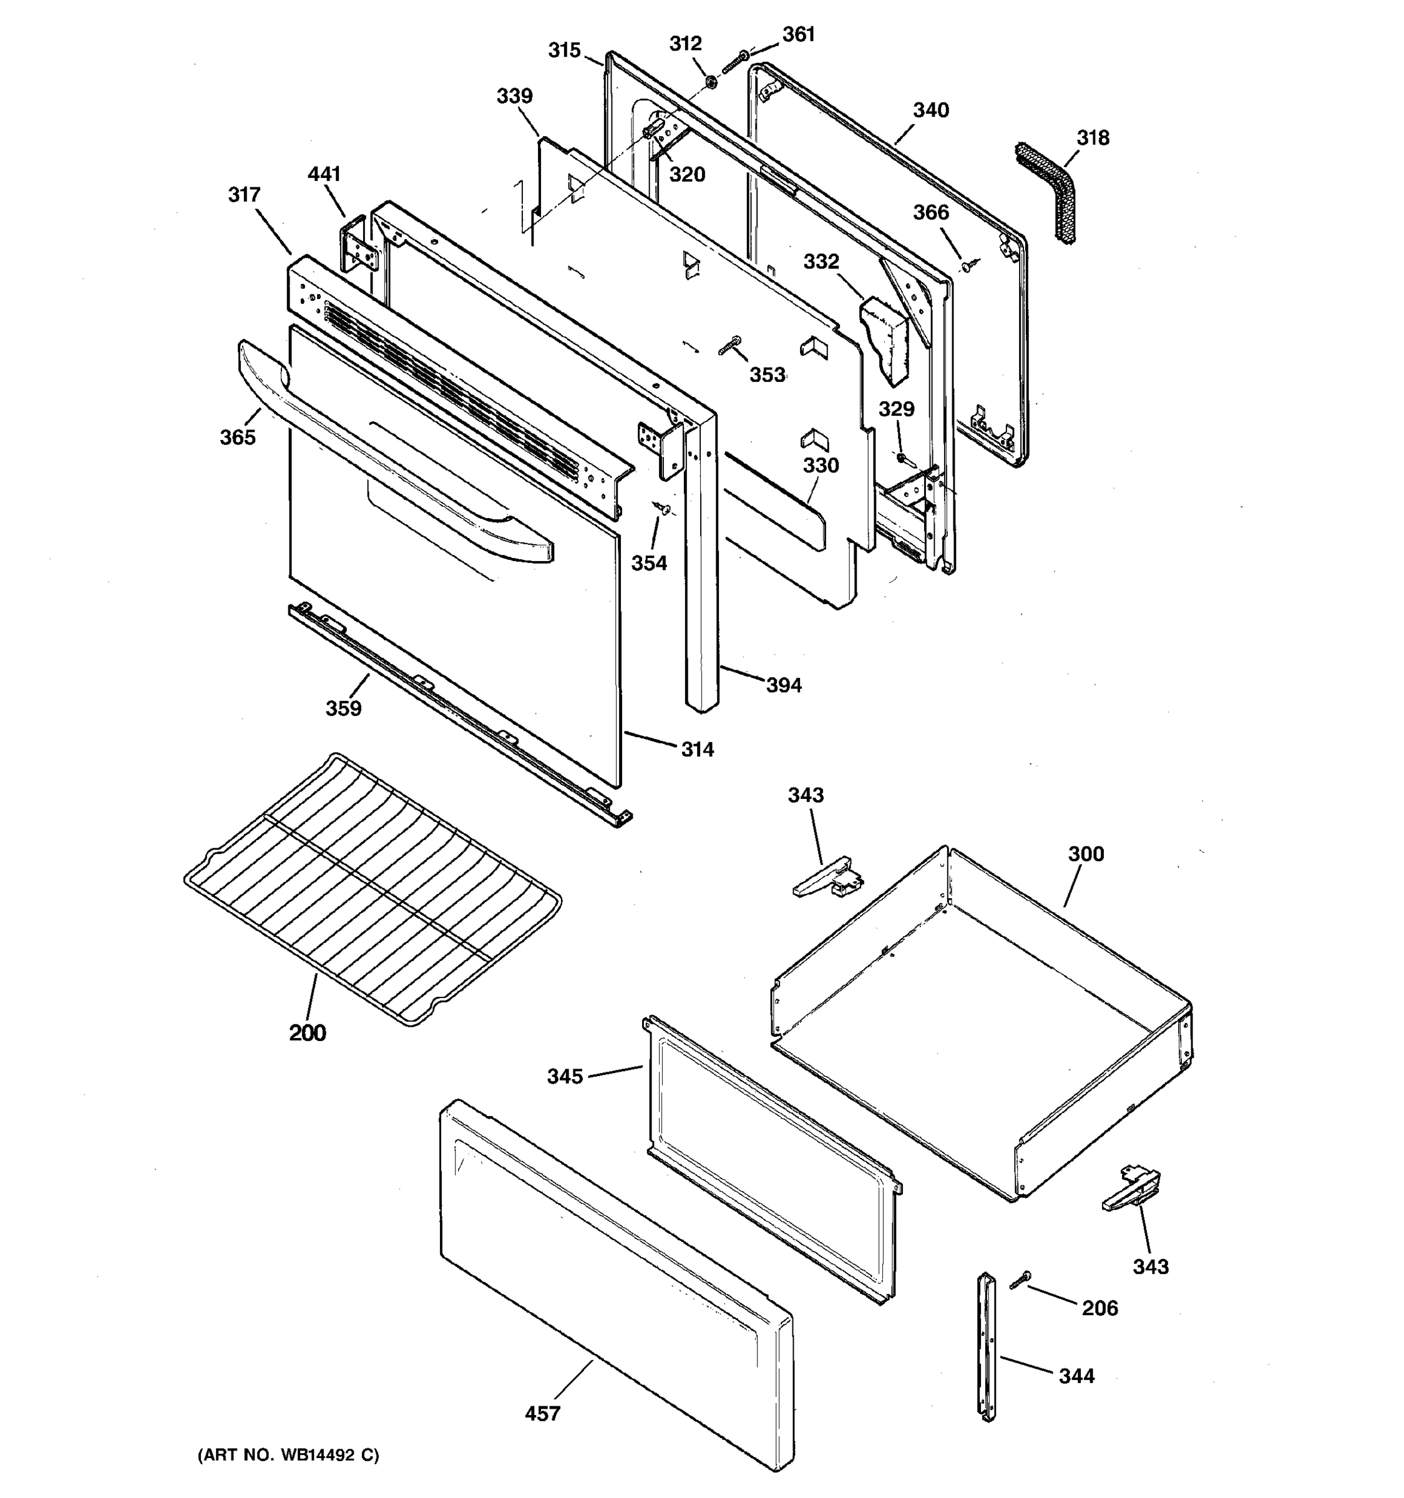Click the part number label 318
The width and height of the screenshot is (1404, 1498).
click(1091, 138)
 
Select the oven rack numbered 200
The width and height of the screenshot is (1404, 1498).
click(373, 889)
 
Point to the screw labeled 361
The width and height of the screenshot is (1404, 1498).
click(734, 62)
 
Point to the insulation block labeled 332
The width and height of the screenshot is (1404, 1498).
click(884, 339)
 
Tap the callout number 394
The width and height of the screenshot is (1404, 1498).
click(784, 685)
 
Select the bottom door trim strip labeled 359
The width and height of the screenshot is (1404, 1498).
click(459, 716)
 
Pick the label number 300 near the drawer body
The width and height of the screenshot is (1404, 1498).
click(1085, 854)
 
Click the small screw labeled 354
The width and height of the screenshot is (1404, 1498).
click(662, 509)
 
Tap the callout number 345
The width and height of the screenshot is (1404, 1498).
click(565, 1076)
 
